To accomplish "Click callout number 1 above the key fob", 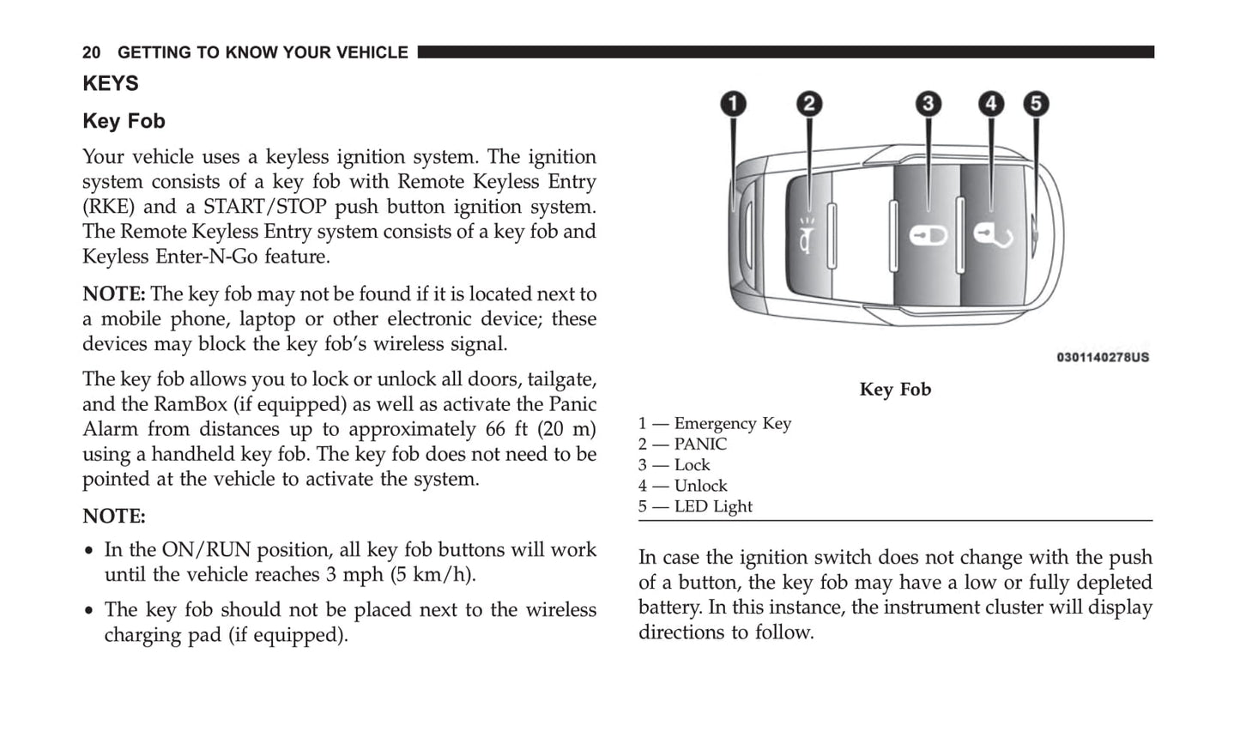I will point(732,105).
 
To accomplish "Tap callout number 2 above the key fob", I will point(808,105).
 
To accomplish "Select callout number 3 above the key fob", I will point(928,105).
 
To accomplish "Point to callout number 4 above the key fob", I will point(991,105).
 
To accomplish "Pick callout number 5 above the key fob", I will point(1036,105).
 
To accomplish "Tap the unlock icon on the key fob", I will point(993,234).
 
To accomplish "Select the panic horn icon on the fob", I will point(808,235).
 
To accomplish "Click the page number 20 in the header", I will point(91,53).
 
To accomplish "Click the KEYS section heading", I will point(110,84).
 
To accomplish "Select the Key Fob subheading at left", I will point(124,122).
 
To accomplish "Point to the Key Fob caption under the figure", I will point(895,390).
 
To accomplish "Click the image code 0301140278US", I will point(1103,357).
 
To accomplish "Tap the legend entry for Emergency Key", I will point(714,424).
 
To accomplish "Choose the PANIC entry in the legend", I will point(682,445).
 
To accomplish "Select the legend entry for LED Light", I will point(695,507).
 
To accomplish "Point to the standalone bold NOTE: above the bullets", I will point(114,517).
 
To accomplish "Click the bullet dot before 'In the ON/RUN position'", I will point(89,551).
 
